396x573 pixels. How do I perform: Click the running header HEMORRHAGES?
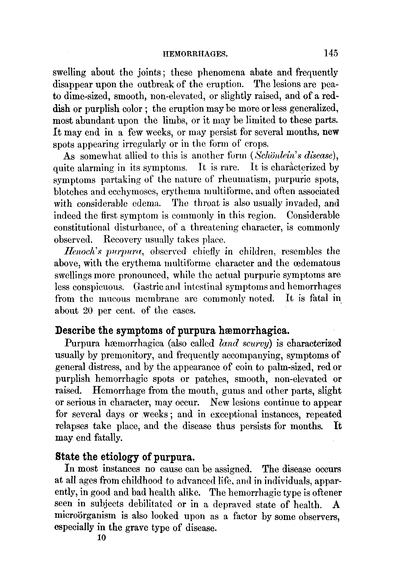click(195, 54)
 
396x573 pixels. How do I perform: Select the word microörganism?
click(86, 516)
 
